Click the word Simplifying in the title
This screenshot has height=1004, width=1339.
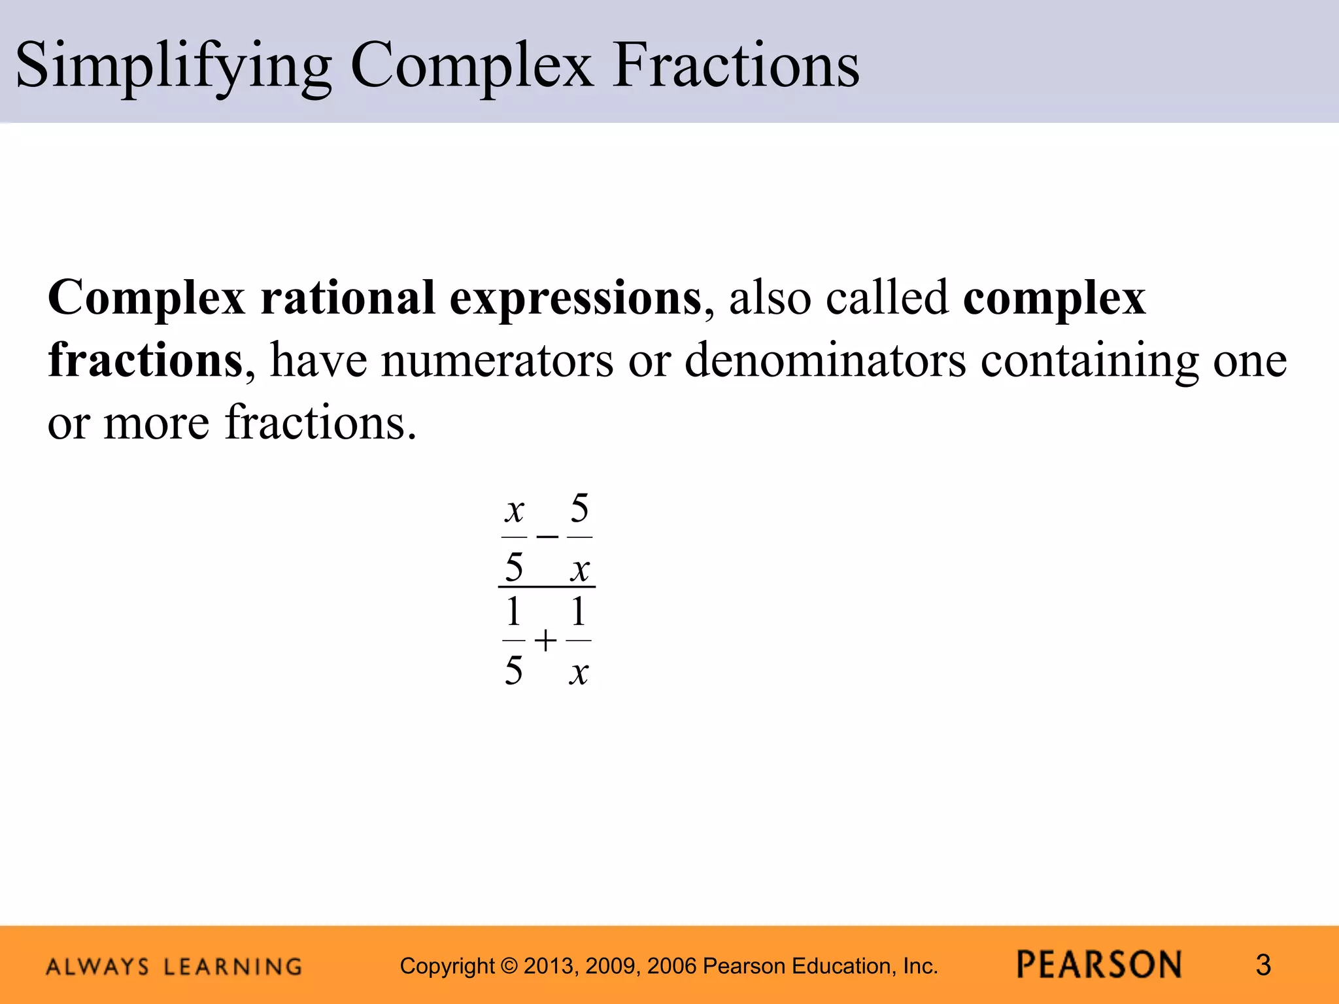173,65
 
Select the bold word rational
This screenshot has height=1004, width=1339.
347,298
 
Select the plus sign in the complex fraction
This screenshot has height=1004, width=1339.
545,641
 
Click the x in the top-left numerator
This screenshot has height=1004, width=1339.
515,510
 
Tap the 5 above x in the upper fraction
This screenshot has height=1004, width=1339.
579,508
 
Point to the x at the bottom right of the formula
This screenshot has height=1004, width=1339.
579,671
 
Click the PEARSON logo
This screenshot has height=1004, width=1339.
1099,965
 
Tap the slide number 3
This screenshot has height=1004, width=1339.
1263,965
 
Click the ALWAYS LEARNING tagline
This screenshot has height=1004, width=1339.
174,966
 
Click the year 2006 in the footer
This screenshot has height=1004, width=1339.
674,966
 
